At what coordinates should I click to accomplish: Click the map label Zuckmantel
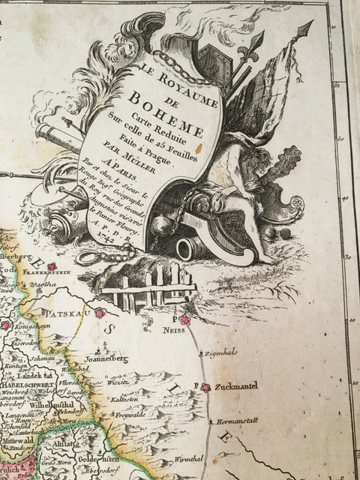pos(228,388)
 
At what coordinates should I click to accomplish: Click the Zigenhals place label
pos(225,352)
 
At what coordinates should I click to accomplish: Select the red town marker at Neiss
pos(185,320)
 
